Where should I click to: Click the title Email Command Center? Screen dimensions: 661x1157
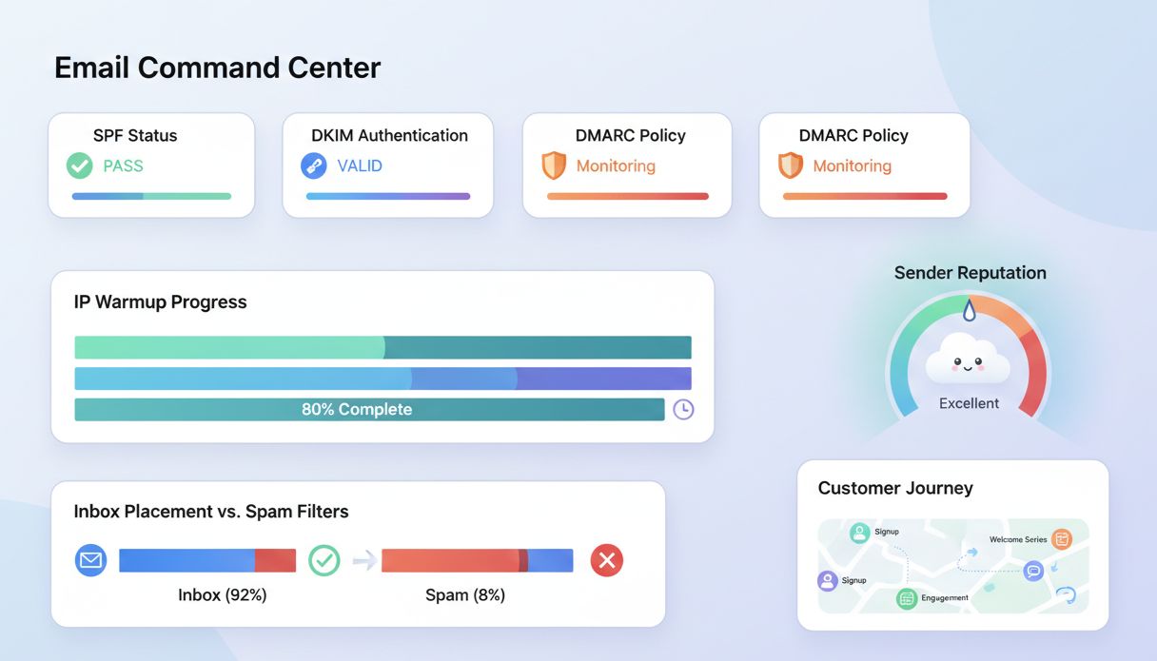[x=217, y=68]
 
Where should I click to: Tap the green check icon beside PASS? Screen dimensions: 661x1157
[x=79, y=165]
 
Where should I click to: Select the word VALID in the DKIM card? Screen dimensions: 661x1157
[x=360, y=165]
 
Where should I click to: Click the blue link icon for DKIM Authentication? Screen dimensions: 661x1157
[x=313, y=165]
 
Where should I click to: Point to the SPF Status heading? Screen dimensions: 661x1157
[x=135, y=135]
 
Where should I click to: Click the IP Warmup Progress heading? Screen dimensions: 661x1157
[x=160, y=301]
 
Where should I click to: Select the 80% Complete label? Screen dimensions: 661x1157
[x=357, y=409]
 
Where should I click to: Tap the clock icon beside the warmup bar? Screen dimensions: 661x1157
[x=683, y=410]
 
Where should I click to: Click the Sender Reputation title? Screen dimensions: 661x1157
[x=970, y=273]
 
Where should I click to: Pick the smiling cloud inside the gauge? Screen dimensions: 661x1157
[x=968, y=360]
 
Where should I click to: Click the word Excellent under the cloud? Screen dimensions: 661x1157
[x=969, y=403]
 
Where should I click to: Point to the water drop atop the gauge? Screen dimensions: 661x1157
[x=969, y=309]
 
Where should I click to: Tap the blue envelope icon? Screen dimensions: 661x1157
[x=90, y=560]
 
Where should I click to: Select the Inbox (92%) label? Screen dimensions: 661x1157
[x=222, y=595]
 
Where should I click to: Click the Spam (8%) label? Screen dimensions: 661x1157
[x=464, y=595]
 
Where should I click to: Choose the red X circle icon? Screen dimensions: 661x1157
[x=606, y=560]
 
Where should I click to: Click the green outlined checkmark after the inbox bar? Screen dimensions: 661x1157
[x=324, y=560]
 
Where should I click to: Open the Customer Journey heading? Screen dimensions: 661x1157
[x=894, y=488]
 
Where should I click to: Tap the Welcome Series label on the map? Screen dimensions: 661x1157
[x=1017, y=539]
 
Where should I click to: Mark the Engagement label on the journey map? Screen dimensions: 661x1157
[x=945, y=597]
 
